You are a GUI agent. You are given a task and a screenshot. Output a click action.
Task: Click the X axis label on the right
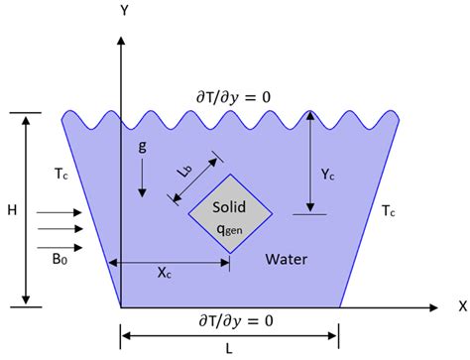click(461, 305)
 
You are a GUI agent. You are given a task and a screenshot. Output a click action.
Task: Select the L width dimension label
click(230, 349)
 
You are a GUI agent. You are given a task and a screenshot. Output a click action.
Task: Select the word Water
click(288, 260)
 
